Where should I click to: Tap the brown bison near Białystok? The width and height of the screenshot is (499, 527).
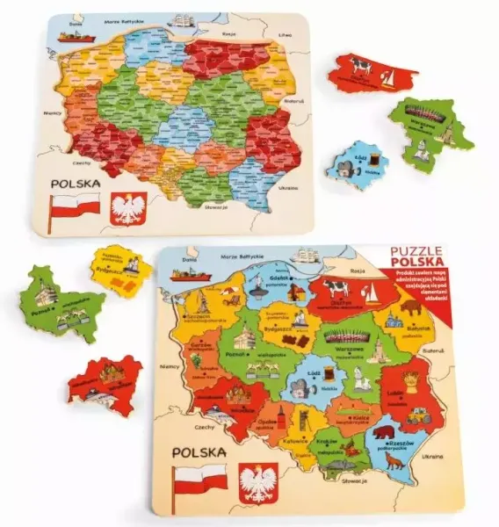pos(411,309)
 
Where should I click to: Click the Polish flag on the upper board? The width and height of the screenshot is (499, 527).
pos(76,208)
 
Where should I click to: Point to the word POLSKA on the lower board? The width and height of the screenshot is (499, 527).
pos(199,452)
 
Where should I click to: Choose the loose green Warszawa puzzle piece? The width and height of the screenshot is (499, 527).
pos(430,132)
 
